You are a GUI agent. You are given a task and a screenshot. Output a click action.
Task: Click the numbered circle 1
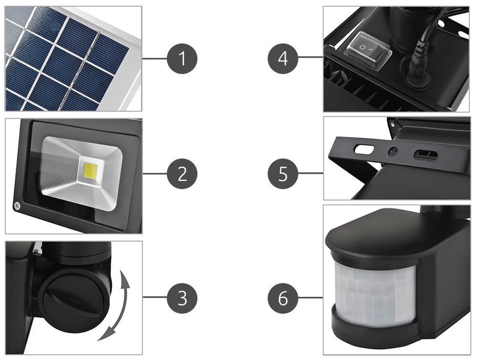coord(182,59)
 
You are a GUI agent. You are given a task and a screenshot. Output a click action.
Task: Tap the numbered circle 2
coord(182,174)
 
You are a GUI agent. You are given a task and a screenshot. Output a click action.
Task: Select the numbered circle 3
coord(182,297)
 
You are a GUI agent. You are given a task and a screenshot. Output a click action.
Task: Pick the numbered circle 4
coord(283,59)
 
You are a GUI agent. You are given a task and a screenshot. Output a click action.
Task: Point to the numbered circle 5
coord(283,174)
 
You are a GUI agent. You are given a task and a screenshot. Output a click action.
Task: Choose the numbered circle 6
coord(283,297)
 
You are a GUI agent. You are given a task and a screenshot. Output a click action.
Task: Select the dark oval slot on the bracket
coord(425,155)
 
